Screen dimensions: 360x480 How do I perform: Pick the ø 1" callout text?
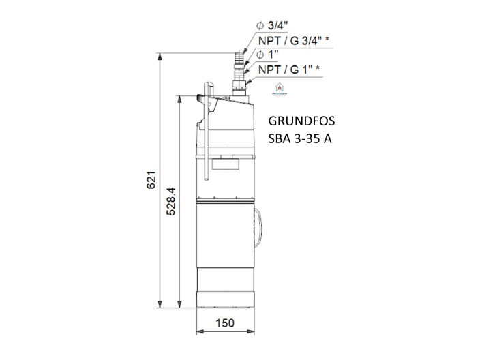(x=268, y=55)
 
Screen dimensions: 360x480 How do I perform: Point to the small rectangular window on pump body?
(x=225, y=163)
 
